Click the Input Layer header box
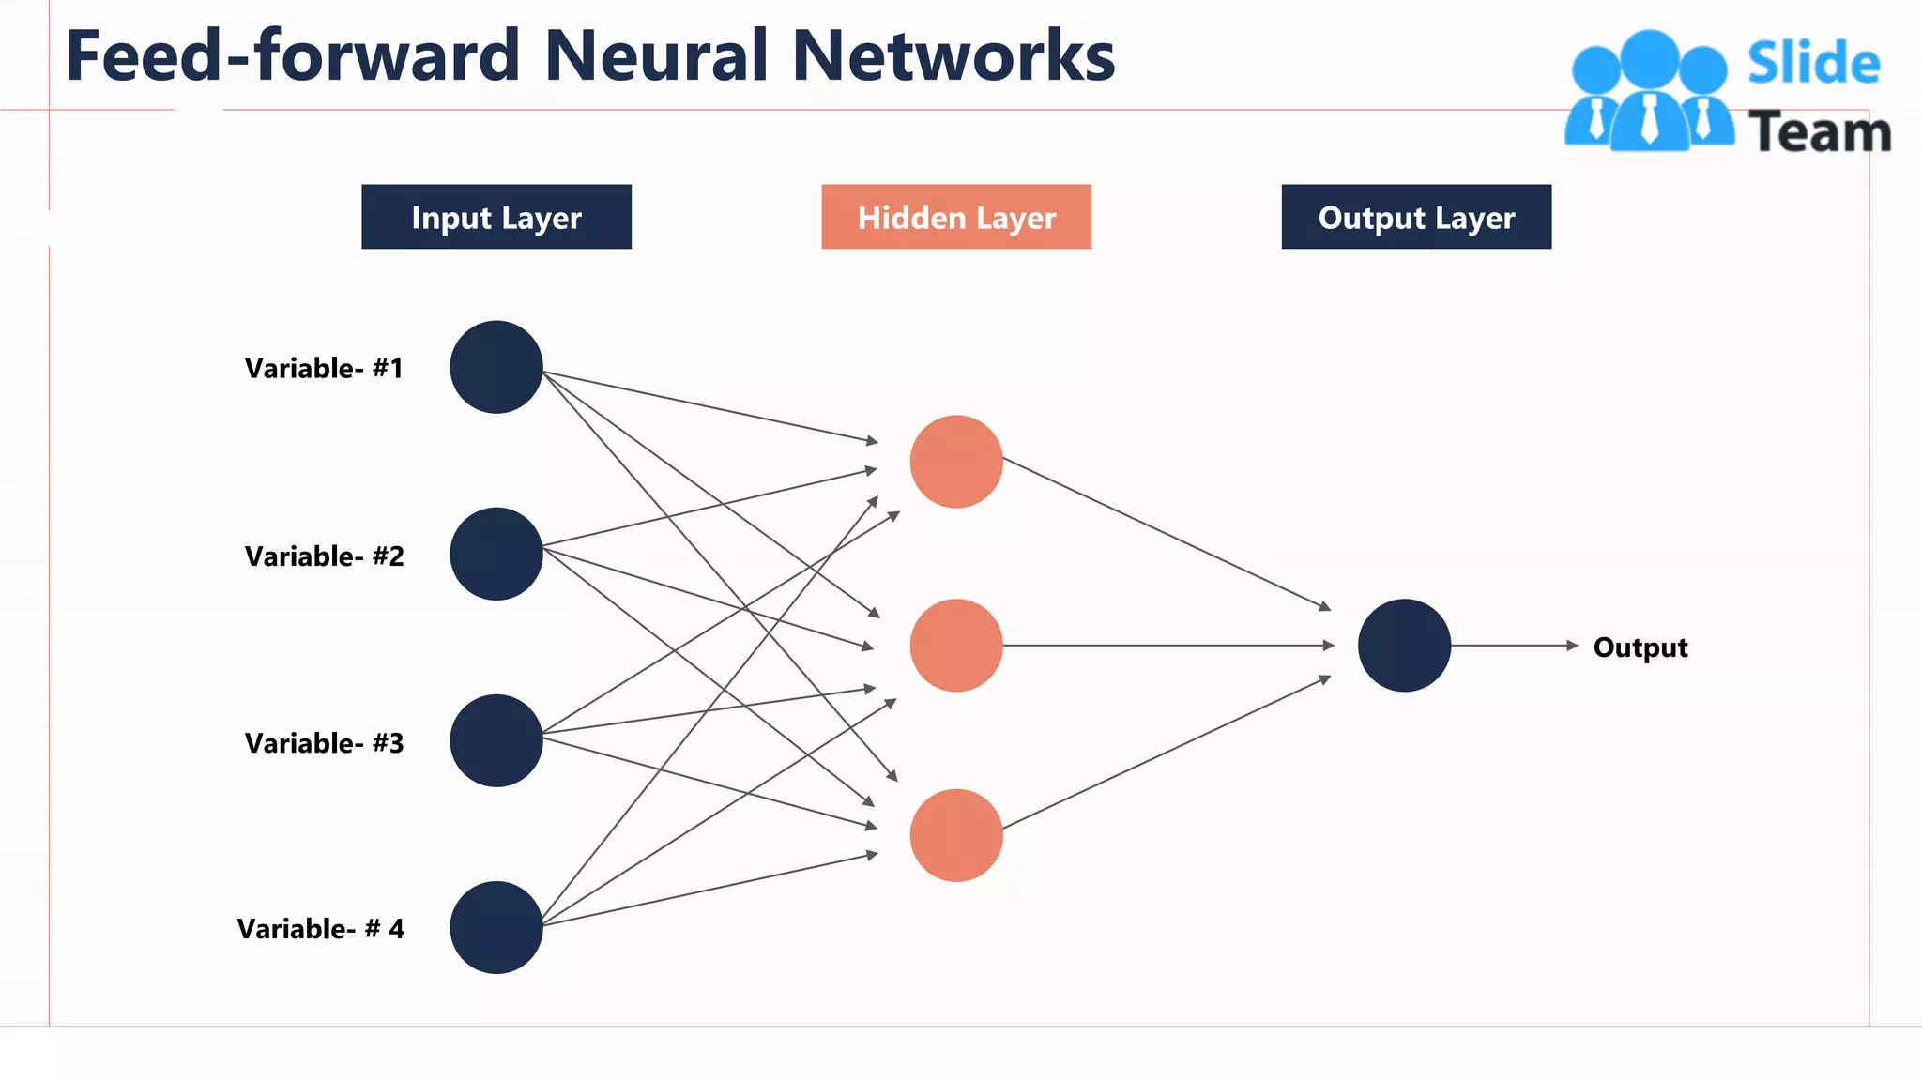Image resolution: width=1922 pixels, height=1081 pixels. (496, 217)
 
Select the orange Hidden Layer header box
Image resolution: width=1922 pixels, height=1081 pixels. (956, 217)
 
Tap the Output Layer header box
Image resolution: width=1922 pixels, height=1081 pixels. (1416, 217)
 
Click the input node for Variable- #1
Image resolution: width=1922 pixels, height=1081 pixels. (496, 367)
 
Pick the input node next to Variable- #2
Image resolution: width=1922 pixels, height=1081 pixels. (496, 554)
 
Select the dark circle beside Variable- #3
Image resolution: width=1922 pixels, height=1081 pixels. (496, 740)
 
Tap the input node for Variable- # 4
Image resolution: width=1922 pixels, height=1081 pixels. (496, 927)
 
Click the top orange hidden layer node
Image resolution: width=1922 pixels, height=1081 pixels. (956, 462)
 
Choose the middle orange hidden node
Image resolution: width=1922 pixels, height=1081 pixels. (956, 646)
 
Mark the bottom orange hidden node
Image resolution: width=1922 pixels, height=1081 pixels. (956, 835)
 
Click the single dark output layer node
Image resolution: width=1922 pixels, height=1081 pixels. (1404, 646)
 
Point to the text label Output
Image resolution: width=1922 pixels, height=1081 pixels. (1640, 647)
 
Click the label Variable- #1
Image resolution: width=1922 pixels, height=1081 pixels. (324, 368)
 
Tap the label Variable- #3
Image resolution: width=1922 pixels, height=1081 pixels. (324, 743)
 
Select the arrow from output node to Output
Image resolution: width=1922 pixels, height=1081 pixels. (1513, 646)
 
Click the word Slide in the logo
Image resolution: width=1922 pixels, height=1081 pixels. (1813, 64)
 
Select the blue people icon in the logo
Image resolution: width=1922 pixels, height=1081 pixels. (1649, 92)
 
